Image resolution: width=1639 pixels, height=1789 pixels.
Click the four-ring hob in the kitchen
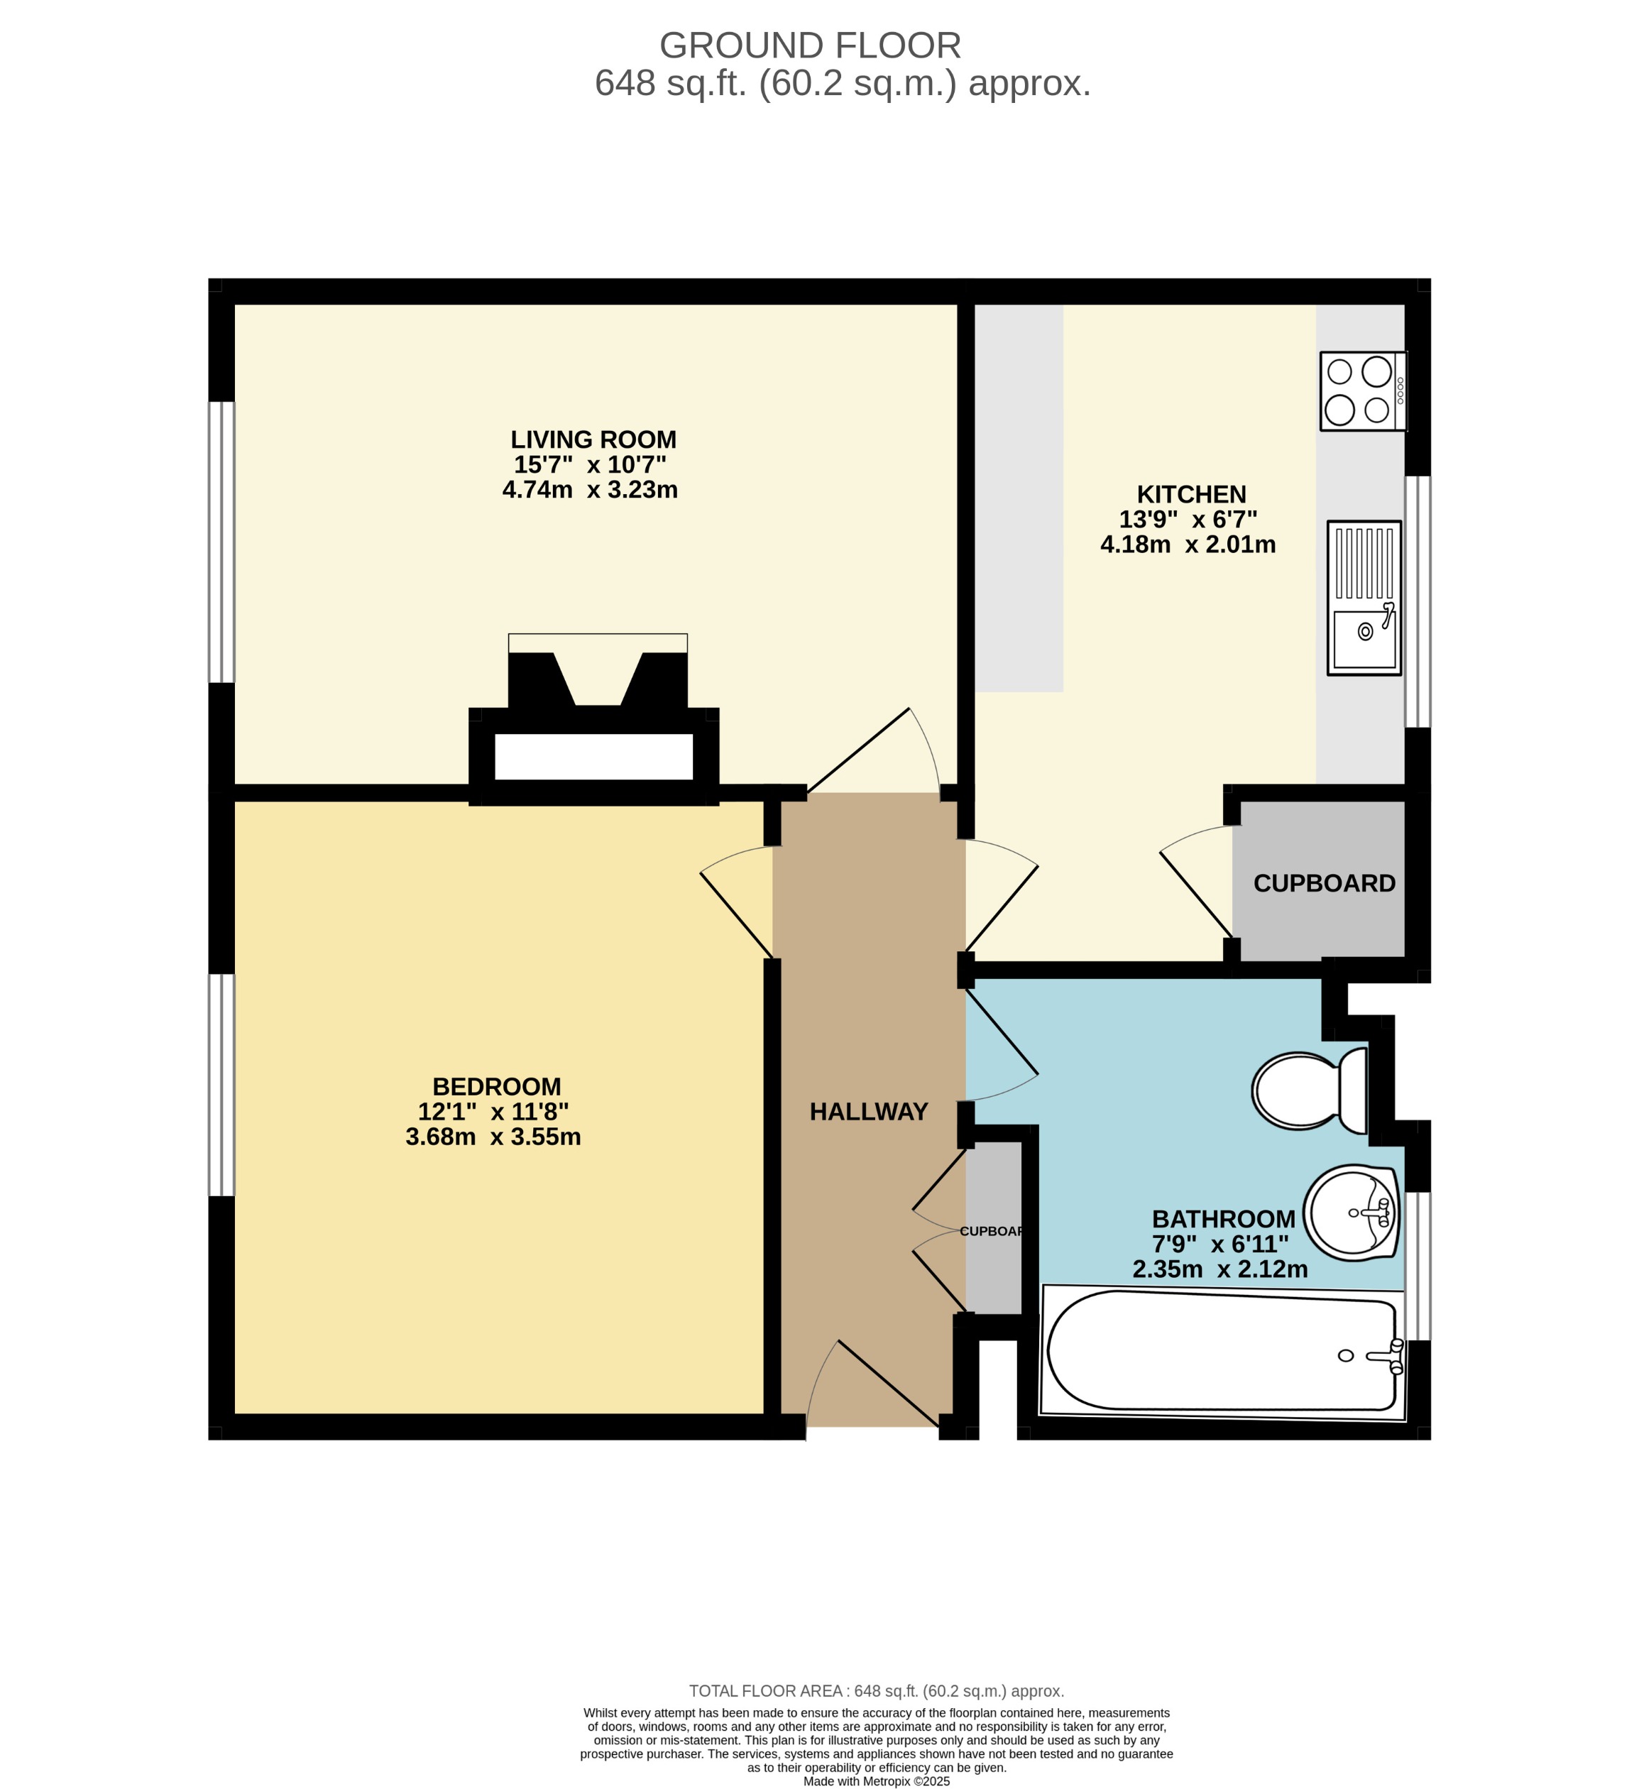tap(1361, 391)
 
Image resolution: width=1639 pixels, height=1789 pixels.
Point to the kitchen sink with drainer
tap(1364, 598)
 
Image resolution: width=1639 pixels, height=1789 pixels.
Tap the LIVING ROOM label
tap(593, 439)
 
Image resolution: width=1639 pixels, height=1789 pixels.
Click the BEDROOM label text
tap(496, 1086)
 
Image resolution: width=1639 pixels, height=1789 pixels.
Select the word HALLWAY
tap(869, 1111)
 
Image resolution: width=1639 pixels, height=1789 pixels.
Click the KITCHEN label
tap(1192, 494)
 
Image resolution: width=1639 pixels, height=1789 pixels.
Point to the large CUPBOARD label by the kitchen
tap(1324, 883)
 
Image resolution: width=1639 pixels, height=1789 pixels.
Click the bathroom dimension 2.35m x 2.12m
tap(1220, 1269)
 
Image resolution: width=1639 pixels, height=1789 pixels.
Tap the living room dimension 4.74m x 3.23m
tap(590, 489)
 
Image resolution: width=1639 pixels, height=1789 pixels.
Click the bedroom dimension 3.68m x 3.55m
tap(493, 1137)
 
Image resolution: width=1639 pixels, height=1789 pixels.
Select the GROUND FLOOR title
tap(809, 45)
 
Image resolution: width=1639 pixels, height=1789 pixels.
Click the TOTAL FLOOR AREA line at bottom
tap(877, 1691)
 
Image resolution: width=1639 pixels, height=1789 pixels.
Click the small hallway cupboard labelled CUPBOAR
tap(993, 1231)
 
